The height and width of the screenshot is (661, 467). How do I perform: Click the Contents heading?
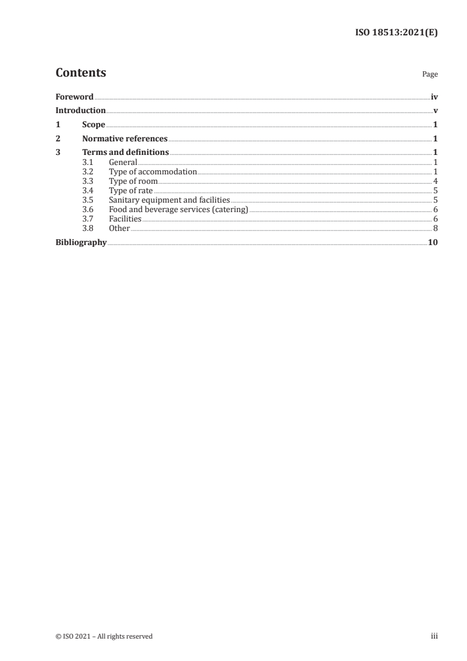pos(81,73)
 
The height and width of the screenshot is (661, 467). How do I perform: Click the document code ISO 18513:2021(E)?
pos(396,33)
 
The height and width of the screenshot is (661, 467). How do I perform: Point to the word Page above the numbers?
pos(430,75)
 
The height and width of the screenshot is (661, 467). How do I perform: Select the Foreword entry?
pos(74,97)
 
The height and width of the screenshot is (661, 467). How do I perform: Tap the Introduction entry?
pos(81,111)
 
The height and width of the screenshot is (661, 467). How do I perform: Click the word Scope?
pos(94,125)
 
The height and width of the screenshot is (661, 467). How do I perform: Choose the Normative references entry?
pos(125,139)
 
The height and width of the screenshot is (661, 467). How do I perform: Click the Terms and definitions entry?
pos(125,153)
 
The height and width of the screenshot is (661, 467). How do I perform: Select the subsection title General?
pos(122,162)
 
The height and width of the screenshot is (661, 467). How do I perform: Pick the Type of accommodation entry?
pos(153,171)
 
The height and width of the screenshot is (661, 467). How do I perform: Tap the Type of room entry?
pos(133,181)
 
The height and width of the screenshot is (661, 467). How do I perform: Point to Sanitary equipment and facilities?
pos(169,200)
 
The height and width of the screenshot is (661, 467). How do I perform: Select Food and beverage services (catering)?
pos(178,210)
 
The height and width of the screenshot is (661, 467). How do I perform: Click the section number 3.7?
pos(88,219)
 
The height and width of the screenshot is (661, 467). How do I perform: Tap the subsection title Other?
pos(119,229)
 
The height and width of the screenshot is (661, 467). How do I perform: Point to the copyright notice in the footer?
pos(104,636)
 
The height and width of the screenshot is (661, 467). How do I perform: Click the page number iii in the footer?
pos(434,636)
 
